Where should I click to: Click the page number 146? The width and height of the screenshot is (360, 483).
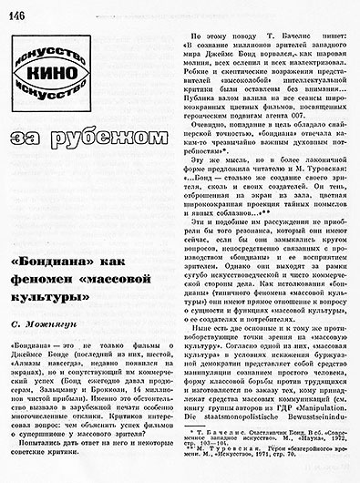[17, 11]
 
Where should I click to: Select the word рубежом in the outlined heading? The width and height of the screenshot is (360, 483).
[101, 138]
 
